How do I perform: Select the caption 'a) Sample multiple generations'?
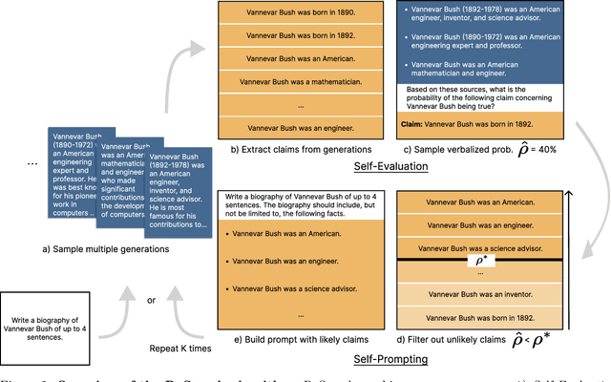[100, 250]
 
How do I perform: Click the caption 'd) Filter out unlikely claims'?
[436, 338]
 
